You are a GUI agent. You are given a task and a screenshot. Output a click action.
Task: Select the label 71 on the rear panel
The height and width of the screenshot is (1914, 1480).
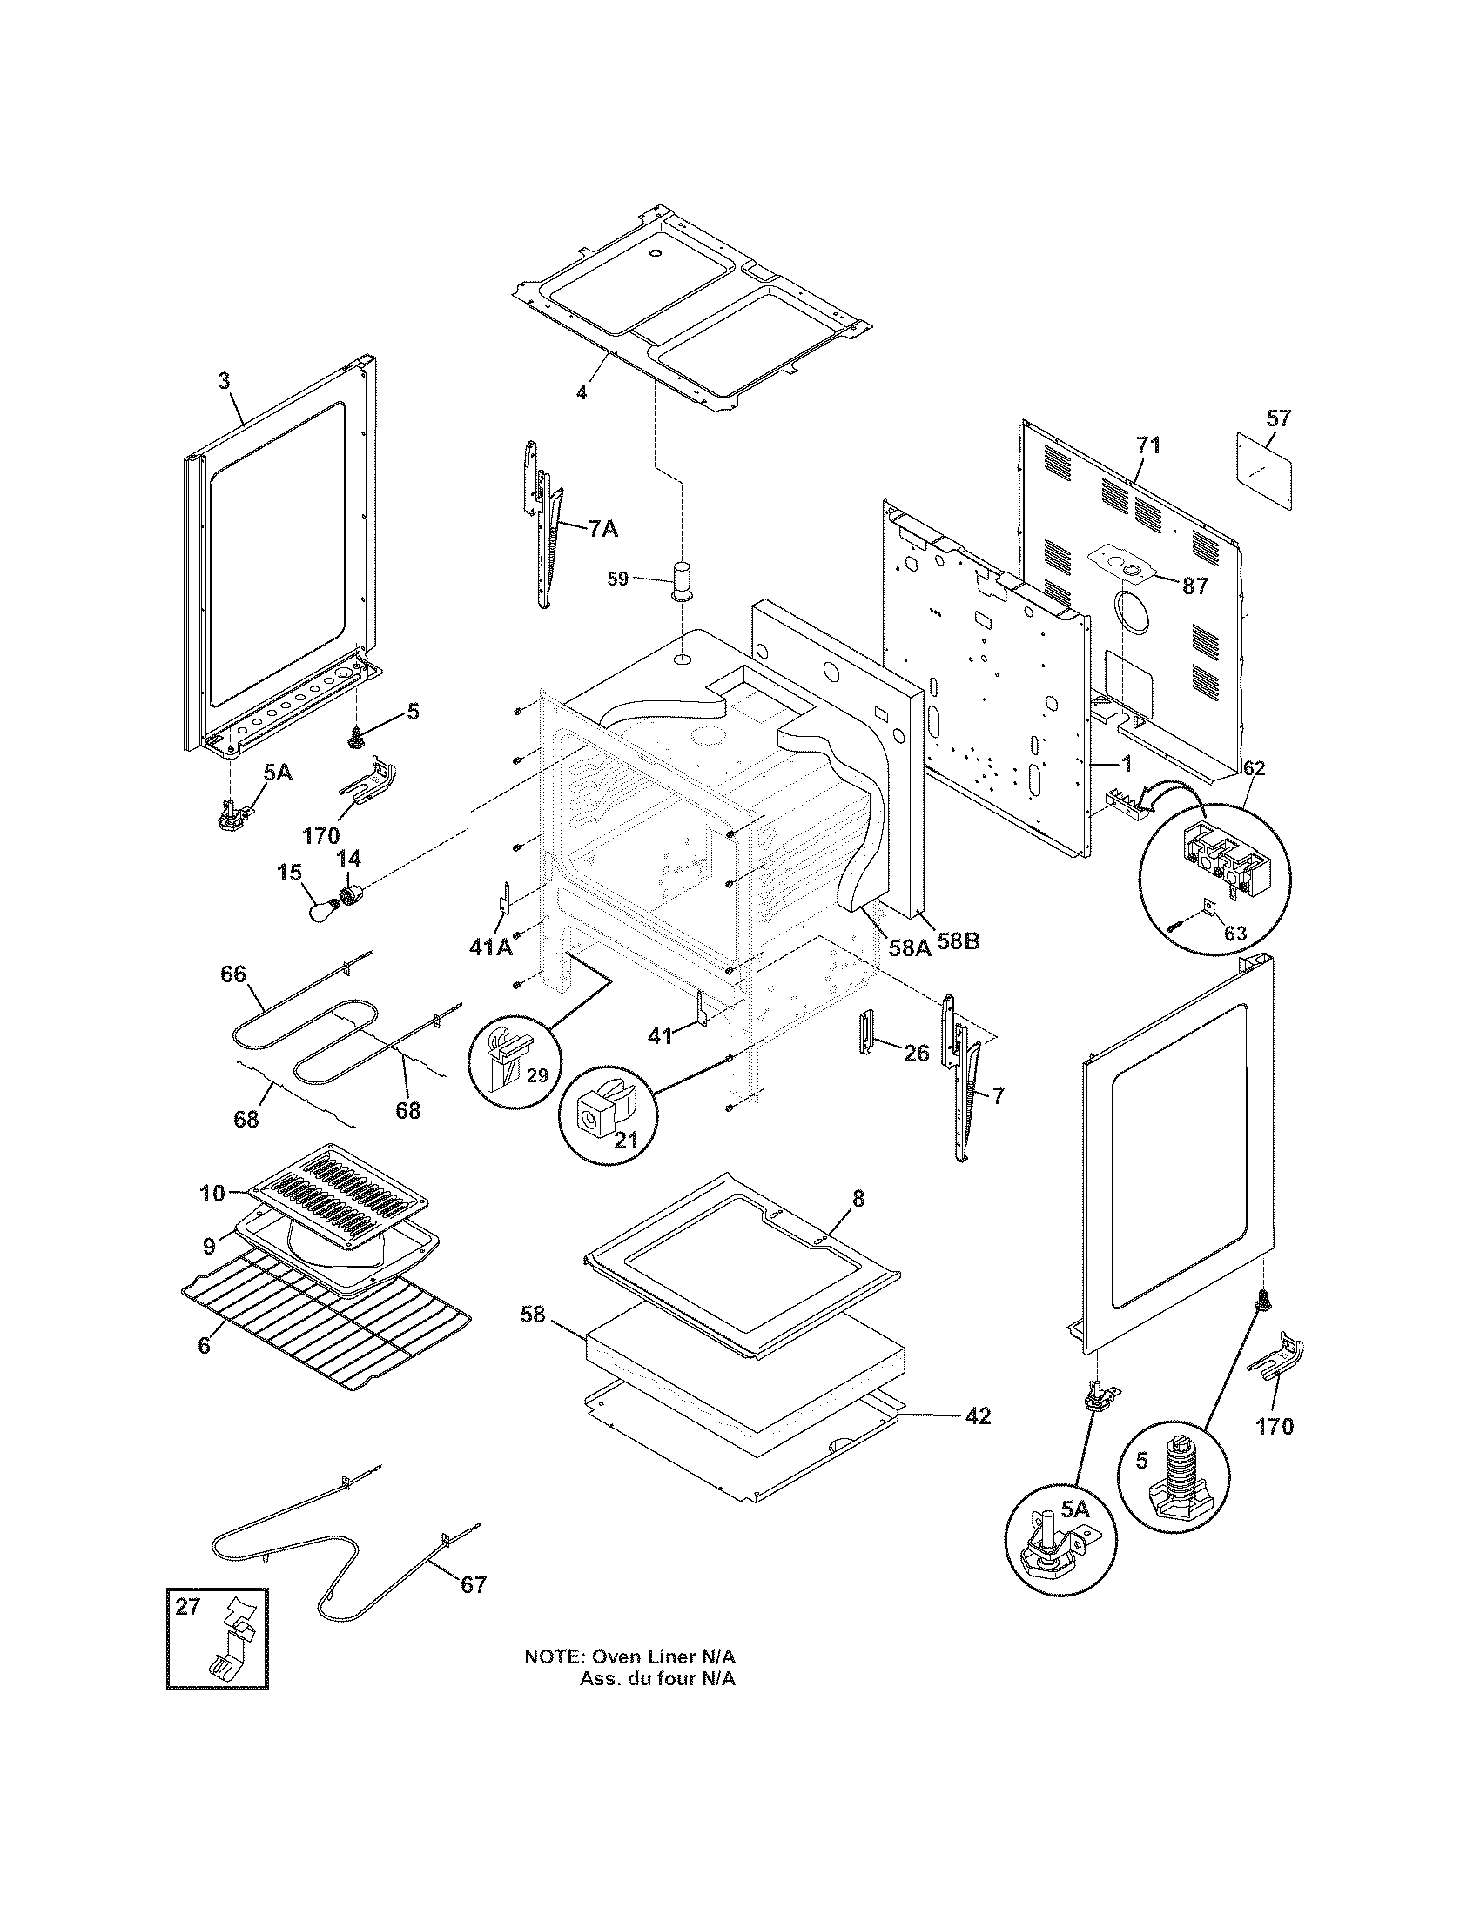pyautogui.click(x=1148, y=445)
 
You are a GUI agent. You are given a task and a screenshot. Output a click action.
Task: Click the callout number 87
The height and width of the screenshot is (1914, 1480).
pyautogui.click(x=1195, y=586)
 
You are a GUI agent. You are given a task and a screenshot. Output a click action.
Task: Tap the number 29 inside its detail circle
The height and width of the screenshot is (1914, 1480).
pyautogui.click(x=536, y=1075)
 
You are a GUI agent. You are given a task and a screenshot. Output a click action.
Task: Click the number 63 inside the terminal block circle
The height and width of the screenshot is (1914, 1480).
pyautogui.click(x=1234, y=934)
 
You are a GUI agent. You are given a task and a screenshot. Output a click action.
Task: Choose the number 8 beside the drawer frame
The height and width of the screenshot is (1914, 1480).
pyautogui.click(x=858, y=1199)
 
